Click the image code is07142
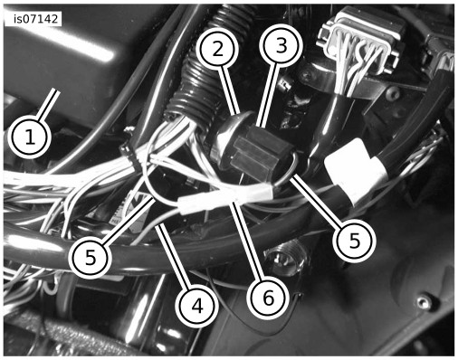tap(35, 19)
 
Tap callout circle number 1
tap(30, 137)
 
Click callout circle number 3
tap(281, 46)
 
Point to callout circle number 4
tap(197, 306)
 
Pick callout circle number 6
tap(268, 298)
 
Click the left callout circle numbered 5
tap(91, 257)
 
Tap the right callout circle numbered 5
tap(354, 241)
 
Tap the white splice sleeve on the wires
tap(225, 198)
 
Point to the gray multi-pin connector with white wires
tap(362, 45)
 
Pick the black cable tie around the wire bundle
tap(131, 152)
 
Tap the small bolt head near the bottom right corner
tap(424, 302)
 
